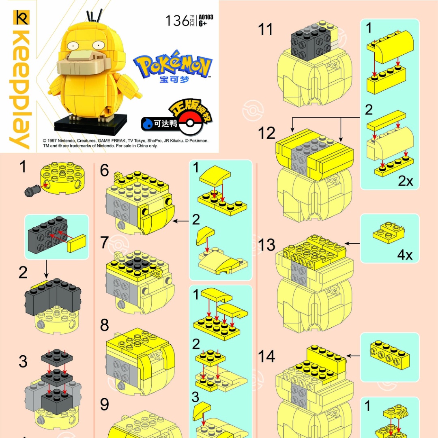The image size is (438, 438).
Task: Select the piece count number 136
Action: point(177,21)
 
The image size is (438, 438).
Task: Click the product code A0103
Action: point(206,17)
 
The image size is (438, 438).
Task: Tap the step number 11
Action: point(265,29)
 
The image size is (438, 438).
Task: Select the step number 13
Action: point(266,245)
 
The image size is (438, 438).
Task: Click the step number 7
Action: point(105,242)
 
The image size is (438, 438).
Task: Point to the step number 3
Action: point(23,361)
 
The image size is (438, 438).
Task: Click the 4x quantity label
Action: point(405,255)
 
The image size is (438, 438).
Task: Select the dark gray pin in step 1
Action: point(32,191)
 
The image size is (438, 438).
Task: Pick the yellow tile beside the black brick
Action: point(77,243)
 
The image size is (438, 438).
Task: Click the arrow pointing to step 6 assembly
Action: point(181,221)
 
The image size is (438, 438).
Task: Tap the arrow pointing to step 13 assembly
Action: point(352,244)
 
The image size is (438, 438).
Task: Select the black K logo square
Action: point(21,17)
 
